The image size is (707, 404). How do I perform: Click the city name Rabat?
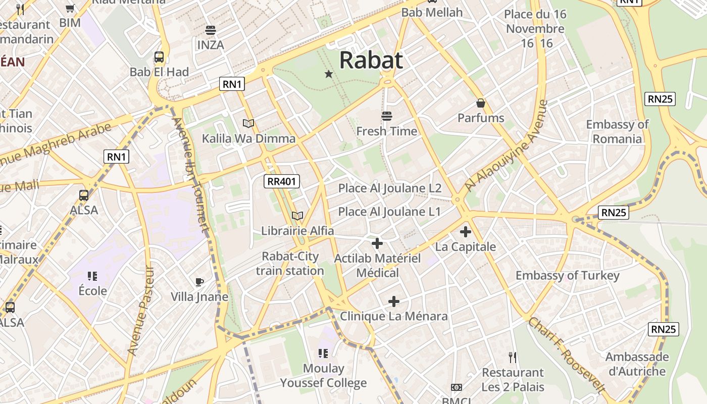point(371,60)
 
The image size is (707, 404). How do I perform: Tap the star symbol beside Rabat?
point(329,74)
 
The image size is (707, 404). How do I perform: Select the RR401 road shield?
point(282,181)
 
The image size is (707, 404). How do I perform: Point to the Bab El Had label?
point(159,72)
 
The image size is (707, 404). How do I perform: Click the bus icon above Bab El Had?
point(159,57)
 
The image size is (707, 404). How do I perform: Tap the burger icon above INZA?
point(211,30)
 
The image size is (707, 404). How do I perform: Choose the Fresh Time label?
point(387,131)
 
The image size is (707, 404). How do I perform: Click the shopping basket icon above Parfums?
point(481,103)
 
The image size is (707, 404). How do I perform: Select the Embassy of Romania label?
point(617,131)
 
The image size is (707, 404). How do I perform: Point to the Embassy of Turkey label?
point(567,276)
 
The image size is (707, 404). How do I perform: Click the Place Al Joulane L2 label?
point(390,188)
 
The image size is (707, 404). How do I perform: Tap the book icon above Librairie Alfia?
point(297,216)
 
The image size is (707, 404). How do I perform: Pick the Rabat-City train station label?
point(290,264)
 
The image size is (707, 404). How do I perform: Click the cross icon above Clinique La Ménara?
point(394,301)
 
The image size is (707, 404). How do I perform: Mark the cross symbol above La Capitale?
point(466,232)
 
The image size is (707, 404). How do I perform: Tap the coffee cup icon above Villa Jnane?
point(199,282)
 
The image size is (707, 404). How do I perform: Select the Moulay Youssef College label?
point(323,376)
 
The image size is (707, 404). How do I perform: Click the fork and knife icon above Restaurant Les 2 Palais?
point(513,358)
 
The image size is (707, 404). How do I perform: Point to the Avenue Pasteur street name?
point(141,310)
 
